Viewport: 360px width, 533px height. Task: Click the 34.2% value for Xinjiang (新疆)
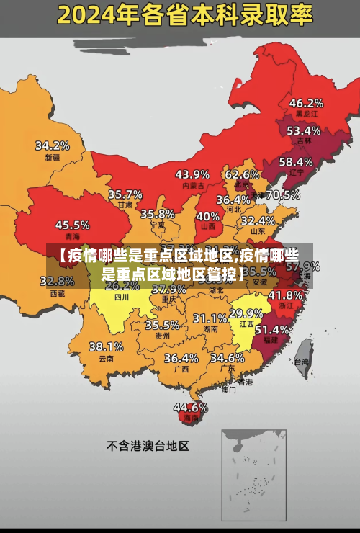(x=53, y=145)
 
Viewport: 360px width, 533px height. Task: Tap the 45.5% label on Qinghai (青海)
(x=73, y=225)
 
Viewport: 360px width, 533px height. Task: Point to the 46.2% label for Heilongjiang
(x=306, y=102)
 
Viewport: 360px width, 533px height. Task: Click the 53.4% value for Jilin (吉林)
(x=304, y=131)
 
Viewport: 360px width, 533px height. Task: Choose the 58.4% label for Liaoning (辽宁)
(x=296, y=161)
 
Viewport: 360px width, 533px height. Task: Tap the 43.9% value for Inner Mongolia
(x=192, y=174)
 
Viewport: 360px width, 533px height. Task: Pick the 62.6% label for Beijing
(x=242, y=174)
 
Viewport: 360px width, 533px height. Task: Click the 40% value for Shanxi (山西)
(x=208, y=215)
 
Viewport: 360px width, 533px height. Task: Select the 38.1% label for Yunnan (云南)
(x=106, y=346)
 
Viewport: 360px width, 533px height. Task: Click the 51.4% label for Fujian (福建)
(x=272, y=329)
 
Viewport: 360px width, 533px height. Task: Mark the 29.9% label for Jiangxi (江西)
(x=246, y=313)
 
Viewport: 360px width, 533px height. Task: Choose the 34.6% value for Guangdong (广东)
(x=227, y=357)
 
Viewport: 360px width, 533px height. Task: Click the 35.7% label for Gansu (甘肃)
(x=125, y=194)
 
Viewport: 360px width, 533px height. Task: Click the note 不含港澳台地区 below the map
(x=148, y=446)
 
